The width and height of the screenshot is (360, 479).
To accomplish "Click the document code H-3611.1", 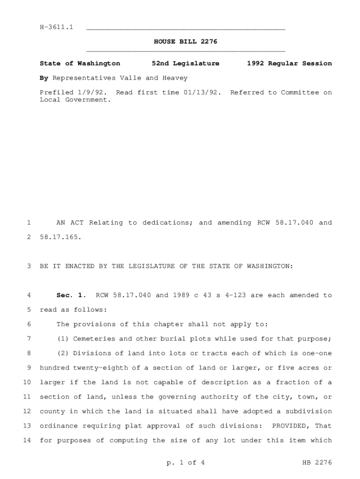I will pos(57,28).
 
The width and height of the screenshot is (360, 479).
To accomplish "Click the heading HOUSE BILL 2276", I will pos(186,42).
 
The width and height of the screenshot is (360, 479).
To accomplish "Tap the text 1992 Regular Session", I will pos(289,64).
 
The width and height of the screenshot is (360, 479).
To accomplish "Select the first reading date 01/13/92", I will pos(202,93).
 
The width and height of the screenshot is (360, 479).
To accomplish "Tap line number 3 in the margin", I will pos(29,266).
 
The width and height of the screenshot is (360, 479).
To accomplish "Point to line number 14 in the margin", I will pos(27,440).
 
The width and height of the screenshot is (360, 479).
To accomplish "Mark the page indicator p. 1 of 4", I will pos(186,463).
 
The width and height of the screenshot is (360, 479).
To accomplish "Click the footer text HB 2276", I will pos(317,463).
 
